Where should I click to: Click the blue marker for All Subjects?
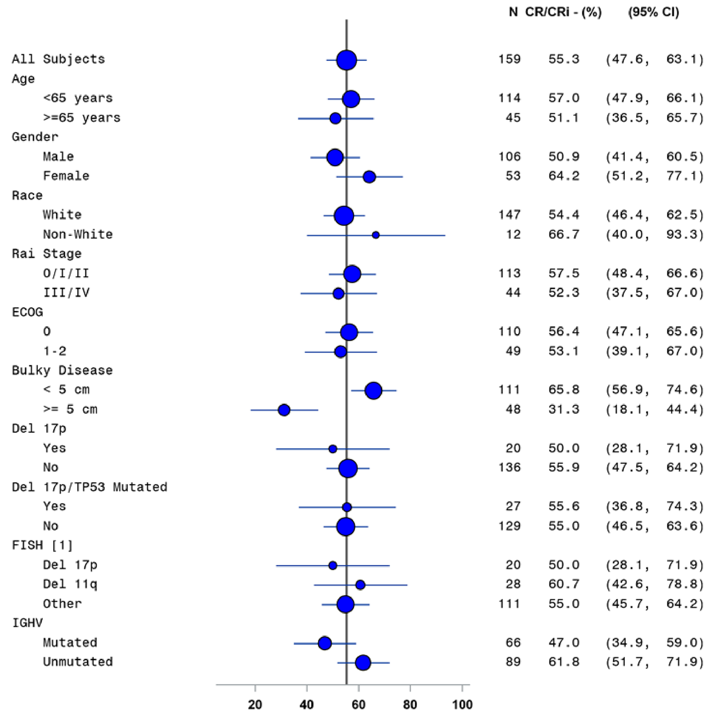pyautogui.click(x=347, y=60)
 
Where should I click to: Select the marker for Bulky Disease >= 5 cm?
pyautogui.click(x=284, y=410)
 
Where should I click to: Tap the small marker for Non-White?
pyautogui.click(x=375, y=235)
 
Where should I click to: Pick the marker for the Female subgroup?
pyautogui.click(x=369, y=177)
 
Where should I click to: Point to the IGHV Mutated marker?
pyautogui.click(x=324, y=643)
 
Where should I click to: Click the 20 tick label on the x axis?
pyautogui.click(x=255, y=704)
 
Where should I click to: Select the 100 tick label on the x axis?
pyautogui.click(x=462, y=704)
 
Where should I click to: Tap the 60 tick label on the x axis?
pyautogui.click(x=358, y=704)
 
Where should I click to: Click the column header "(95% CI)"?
pyautogui.click(x=654, y=12)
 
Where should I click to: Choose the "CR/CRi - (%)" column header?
pyautogui.click(x=563, y=12)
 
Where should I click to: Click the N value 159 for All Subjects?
pyautogui.click(x=509, y=59)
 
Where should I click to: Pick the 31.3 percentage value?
pyautogui.click(x=564, y=409)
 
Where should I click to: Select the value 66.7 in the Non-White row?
pyautogui.click(x=564, y=234)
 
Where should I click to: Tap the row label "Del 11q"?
pyautogui.click(x=70, y=584)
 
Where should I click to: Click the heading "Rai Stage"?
pyautogui.click(x=47, y=254)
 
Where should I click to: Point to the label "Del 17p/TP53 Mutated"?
pyautogui.click(x=89, y=487)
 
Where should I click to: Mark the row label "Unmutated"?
pyautogui.click(x=78, y=662)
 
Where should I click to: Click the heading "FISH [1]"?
pyautogui.click(x=42, y=545)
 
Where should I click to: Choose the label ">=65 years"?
pyautogui.click(x=82, y=117)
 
